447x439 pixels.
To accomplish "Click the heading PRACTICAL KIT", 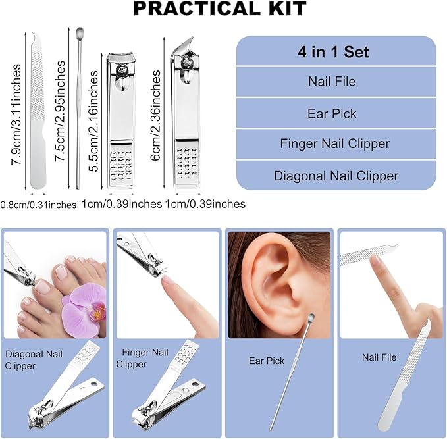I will [x=221, y=9].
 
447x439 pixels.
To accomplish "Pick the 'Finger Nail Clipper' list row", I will [x=335, y=144].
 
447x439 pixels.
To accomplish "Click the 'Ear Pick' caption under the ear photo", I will [x=267, y=361].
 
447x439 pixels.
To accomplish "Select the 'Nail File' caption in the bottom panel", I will [x=379, y=357].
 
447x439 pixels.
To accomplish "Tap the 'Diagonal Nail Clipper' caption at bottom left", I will [x=30, y=361].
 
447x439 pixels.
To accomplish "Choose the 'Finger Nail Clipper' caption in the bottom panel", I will [x=142, y=359].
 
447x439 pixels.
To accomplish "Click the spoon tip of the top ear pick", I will [x=80, y=32].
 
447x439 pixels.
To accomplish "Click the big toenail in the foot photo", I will [x=63, y=270].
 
